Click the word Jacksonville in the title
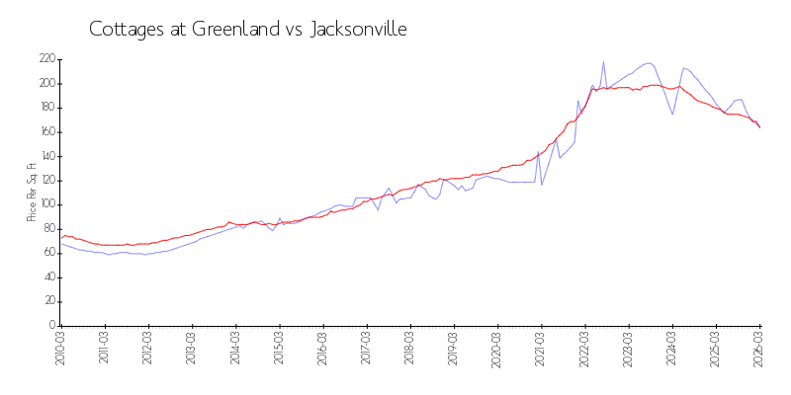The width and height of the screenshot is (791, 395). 358,30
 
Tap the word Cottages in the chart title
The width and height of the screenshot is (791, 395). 126,30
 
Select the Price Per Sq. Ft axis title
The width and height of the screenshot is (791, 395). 32,192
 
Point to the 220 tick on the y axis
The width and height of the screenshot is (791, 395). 46,59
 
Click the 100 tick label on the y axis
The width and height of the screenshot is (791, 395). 46,204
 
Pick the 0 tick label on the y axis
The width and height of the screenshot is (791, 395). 51,325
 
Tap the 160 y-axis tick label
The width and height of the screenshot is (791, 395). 46,132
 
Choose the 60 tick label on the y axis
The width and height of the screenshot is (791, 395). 48,253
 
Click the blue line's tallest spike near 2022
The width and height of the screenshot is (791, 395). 603,61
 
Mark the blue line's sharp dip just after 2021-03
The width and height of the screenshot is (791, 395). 542,184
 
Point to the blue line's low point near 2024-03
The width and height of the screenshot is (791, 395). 673,115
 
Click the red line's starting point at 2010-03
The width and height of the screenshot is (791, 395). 61,238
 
